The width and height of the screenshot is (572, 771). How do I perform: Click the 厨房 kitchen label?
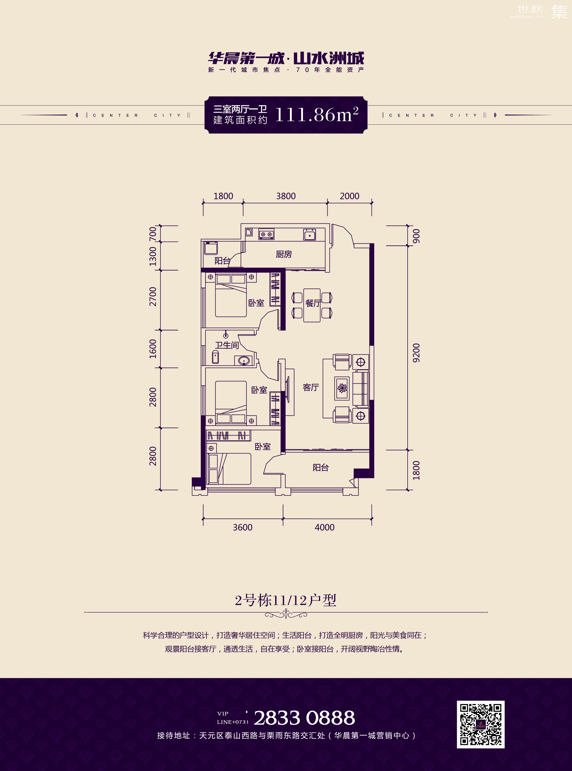tap(284, 254)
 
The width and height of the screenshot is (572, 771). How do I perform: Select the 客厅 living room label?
tap(311, 387)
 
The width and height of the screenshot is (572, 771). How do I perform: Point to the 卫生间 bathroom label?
tap(227, 345)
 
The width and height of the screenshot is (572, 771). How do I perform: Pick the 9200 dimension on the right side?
tap(416, 353)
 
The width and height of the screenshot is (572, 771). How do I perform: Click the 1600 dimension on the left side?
tap(153, 349)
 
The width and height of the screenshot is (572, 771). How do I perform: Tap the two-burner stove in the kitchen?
tap(266, 234)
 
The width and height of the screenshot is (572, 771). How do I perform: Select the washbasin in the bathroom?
tap(244, 360)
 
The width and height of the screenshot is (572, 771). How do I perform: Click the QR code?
tap(481, 724)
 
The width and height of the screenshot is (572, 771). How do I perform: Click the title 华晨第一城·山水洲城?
tap(286, 58)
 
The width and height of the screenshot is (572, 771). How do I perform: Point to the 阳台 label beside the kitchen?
tap(222, 261)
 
